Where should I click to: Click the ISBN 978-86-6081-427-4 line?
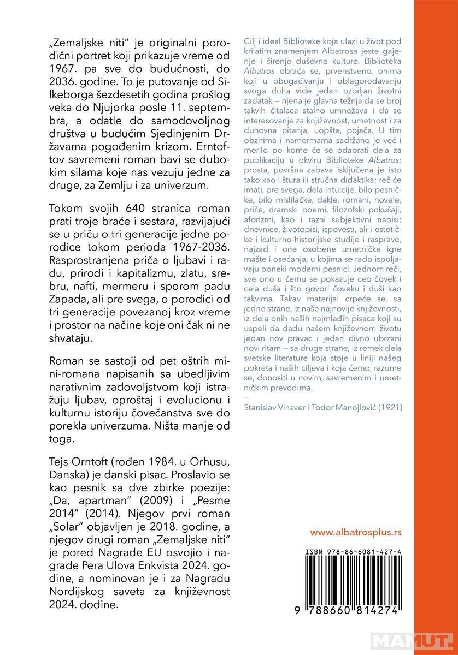[x=355, y=552]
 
